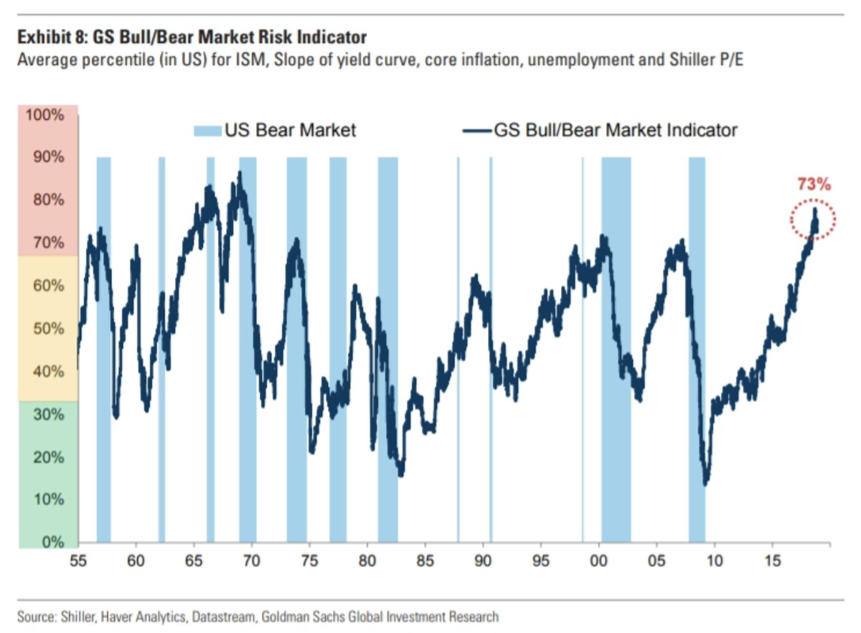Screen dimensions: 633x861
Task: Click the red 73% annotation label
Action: point(814,185)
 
